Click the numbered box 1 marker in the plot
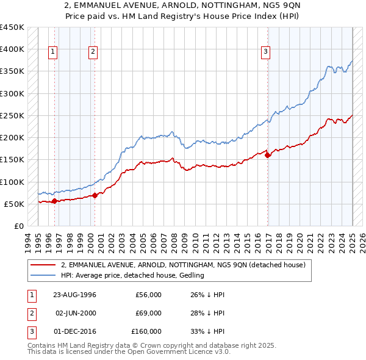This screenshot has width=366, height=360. (x=54, y=52)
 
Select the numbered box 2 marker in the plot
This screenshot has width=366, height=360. (x=93, y=52)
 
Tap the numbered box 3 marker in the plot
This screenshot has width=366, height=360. (x=266, y=52)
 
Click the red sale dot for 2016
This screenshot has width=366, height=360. (x=268, y=155)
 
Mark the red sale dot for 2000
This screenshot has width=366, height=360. (x=95, y=195)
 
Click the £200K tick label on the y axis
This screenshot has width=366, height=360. (x=12, y=137)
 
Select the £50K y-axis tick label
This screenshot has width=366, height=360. (x=14, y=204)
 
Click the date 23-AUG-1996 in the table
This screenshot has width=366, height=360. (x=75, y=295)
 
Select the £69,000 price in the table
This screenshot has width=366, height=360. (x=148, y=313)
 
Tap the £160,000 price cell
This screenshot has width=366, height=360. (x=146, y=331)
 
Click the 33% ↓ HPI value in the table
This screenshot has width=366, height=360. (x=208, y=331)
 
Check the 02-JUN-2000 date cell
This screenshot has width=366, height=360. (x=75, y=313)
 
